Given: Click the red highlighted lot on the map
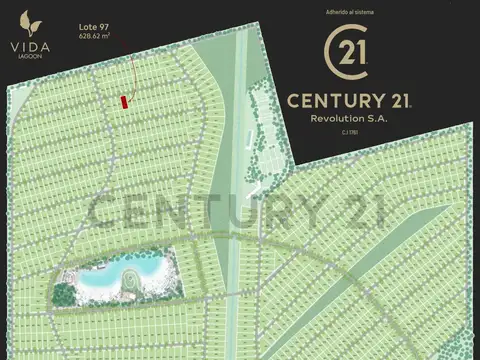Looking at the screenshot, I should (125, 101).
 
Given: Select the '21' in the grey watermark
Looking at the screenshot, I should (359, 212).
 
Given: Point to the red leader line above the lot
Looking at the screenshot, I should (131, 78).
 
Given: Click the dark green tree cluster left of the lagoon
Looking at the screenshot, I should (63, 294).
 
